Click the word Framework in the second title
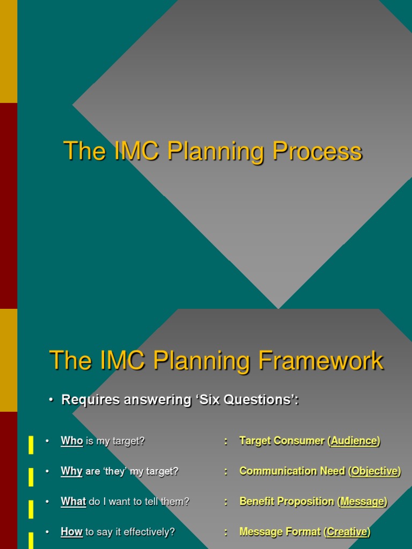click(x=321, y=361)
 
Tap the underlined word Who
click(x=72, y=441)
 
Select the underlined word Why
click(x=71, y=471)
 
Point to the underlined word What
click(x=73, y=502)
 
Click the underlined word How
click(x=71, y=532)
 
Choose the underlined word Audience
click(x=354, y=441)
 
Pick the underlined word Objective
click(x=374, y=471)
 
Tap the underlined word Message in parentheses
click(x=362, y=502)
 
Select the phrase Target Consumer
click(x=282, y=441)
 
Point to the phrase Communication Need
click(x=292, y=471)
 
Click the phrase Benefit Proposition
click(x=286, y=502)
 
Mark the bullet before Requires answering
click(x=51, y=400)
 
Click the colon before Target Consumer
click(x=226, y=441)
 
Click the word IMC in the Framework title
click(x=122, y=361)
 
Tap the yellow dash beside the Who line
click(x=31, y=444)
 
